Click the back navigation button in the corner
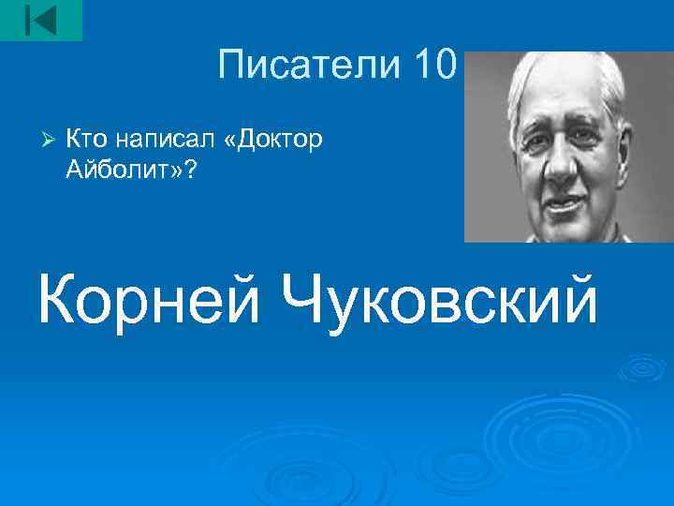(x=40, y=20)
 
